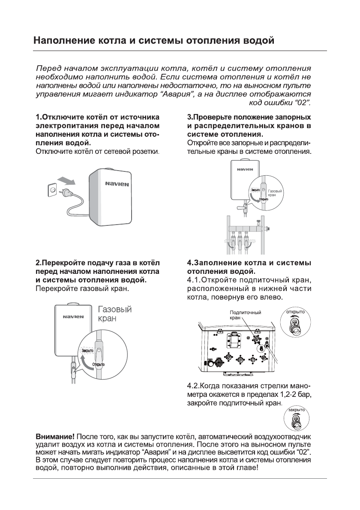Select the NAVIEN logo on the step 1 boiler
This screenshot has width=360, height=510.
click(x=117, y=184)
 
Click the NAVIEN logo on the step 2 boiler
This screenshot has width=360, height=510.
click(x=73, y=318)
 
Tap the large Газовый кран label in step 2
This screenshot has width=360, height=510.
click(x=115, y=314)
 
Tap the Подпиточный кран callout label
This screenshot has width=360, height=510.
click(x=245, y=315)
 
